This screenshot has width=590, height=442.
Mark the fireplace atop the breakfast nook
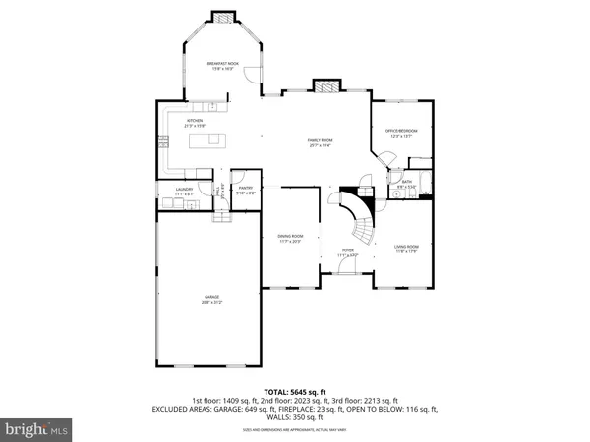point(223,18)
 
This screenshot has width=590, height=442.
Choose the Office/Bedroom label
point(401,133)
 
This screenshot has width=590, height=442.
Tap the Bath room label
point(406,183)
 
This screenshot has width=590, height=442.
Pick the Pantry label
point(246,191)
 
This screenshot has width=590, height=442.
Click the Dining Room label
point(289,238)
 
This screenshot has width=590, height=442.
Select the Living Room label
point(406,248)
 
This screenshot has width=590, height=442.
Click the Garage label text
point(211,298)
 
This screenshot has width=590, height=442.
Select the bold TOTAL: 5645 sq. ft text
point(295,392)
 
